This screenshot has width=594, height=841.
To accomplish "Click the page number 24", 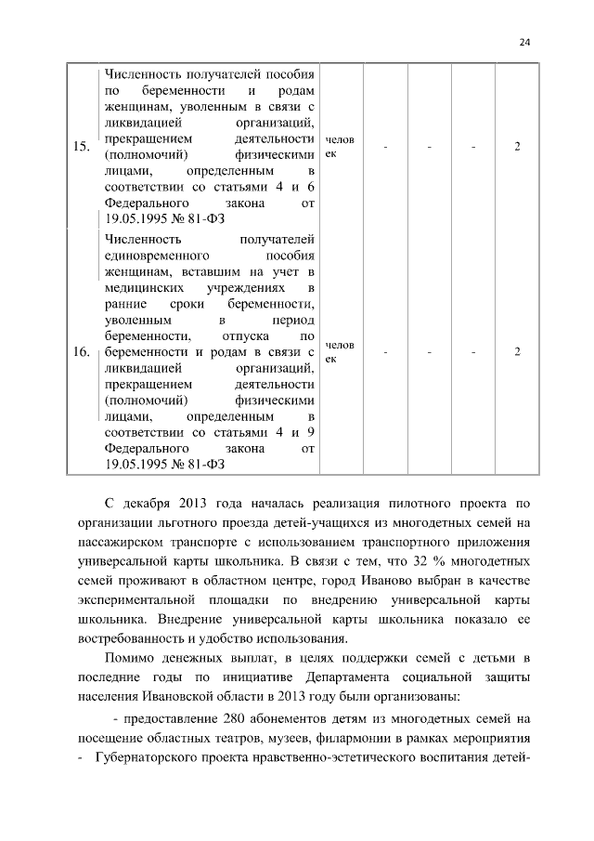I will (524, 42).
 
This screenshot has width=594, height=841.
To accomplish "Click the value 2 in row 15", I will (517, 146).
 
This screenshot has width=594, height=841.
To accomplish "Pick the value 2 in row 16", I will (517, 352).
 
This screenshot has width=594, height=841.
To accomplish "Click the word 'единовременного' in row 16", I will (149, 255).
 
